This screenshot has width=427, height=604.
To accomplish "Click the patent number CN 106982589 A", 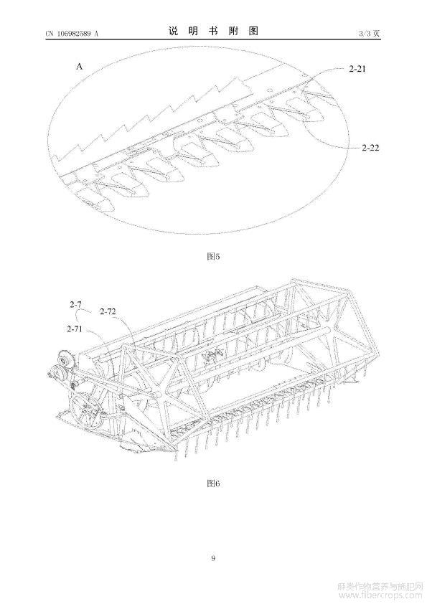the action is (x=72, y=34).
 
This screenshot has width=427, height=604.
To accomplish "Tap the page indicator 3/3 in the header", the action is (x=365, y=34).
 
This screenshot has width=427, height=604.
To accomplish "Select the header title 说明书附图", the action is (x=213, y=31).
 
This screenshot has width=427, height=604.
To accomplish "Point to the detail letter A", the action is (x=79, y=67).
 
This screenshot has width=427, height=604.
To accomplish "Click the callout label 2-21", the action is (x=357, y=69).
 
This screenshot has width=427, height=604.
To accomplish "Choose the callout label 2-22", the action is (x=370, y=147).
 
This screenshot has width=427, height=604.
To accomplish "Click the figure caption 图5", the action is (x=213, y=256).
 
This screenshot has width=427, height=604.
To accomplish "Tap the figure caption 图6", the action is (x=213, y=483).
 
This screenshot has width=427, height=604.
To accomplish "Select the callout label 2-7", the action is (x=75, y=304).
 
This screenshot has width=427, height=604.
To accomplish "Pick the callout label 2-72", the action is (x=108, y=311).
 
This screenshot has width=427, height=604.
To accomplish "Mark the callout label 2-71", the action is (x=75, y=329).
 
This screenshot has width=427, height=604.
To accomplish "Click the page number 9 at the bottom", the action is (x=213, y=558).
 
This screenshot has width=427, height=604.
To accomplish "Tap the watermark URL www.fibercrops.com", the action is (x=381, y=596).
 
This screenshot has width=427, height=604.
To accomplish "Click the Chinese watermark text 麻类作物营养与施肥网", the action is (x=381, y=587).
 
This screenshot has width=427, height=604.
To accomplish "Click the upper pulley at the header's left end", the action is (x=63, y=358).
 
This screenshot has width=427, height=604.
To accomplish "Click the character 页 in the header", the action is (x=377, y=34).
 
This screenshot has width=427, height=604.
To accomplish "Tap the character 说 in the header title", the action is (x=173, y=31).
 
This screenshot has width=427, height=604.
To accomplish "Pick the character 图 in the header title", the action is (x=253, y=31).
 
